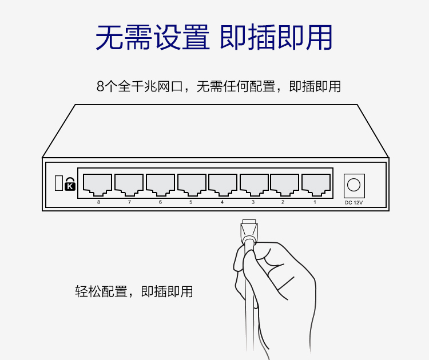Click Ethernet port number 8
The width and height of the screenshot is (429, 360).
click(x=97, y=185)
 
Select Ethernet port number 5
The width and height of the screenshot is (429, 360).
click(x=192, y=185)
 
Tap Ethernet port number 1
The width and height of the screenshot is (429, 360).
click(x=316, y=185)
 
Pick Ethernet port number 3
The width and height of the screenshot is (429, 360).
click(x=254, y=185)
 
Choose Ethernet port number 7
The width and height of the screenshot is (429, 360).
click(x=129, y=185)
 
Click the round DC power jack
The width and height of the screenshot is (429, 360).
click(x=353, y=185)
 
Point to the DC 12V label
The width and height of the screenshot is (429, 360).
click(x=353, y=202)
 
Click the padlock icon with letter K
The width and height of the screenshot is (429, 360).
click(x=70, y=184)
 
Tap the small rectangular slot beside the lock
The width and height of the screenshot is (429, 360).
click(x=59, y=183)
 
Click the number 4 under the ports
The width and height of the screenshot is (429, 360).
click(x=222, y=202)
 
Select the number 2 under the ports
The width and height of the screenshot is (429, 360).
click(x=283, y=202)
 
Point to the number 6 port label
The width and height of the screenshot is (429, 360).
click(x=160, y=202)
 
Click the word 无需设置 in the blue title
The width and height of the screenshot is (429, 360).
click(x=153, y=37)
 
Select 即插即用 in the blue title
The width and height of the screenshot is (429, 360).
click(x=276, y=37)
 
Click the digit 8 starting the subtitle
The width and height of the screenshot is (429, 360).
click(x=101, y=86)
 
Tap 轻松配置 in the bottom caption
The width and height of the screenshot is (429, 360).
click(x=101, y=291)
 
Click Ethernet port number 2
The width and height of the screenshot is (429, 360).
click(x=284, y=185)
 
